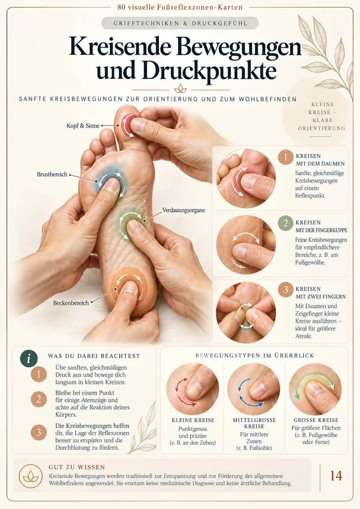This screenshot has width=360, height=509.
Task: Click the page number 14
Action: pyautogui.click(x=336, y=475)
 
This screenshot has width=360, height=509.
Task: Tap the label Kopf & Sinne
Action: pyautogui.click(x=83, y=125)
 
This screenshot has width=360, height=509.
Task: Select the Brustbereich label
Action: pyautogui.click(x=52, y=174)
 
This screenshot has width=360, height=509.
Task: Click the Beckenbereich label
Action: pyautogui.click(x=71, y=303)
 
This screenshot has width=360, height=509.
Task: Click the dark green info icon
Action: pyautogui.click(x=29, y=359)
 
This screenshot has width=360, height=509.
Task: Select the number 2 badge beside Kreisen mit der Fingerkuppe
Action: pyautogui.click(x=286, y=223)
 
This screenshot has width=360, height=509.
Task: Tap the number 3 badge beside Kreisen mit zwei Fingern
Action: pyautogui.click(x=286, y=289)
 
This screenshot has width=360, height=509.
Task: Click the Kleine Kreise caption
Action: pyautogui.click(x=193, y=420)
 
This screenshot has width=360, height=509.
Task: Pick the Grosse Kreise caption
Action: pyautogui.click(x=316, y=420)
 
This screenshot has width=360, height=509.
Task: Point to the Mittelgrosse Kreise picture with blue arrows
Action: pyautogui.click(x=254, y=389)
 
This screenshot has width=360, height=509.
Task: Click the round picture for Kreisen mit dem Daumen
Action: pyautogui.click(x=246, y=179)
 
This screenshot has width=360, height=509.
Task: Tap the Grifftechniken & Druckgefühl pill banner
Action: pyautogui.click(x=180, y=24)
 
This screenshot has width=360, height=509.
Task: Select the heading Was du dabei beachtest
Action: pyautogui.click(x=93, y=356)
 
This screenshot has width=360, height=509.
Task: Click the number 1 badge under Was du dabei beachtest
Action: pyautogui.click(x=39, y=374)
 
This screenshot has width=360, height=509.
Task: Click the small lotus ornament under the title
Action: pyautogui.click(x=180, y=88)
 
